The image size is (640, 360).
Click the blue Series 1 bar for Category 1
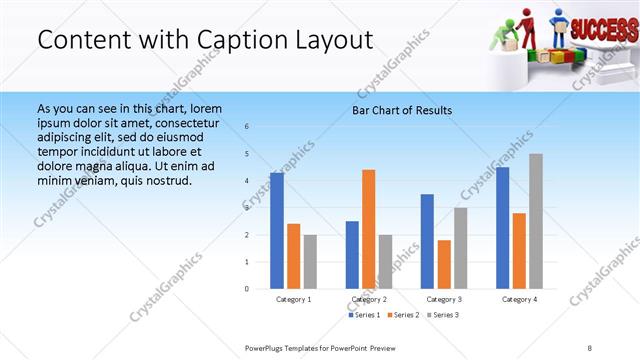coord(277,230)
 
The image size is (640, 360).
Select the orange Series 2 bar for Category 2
coord(369,229)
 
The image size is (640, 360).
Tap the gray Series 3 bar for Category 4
coord(536,221)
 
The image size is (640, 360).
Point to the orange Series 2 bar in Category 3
coord(444,264)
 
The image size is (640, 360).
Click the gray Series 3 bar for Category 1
coord(310,261)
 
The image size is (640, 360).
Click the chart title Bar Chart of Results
coord(402,110)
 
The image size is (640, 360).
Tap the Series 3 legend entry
coord(443,315)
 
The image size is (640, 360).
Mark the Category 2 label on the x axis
coord(369,299)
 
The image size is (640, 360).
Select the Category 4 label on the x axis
coord(519,299)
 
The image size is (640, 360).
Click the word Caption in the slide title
coord(238,40)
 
